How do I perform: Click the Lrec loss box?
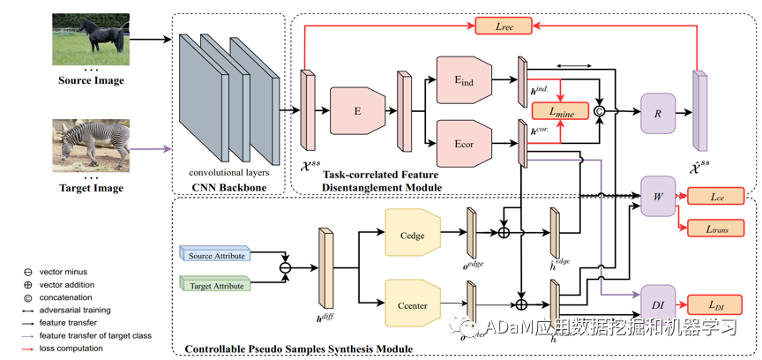(500, 26)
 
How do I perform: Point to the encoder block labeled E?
(358, 111)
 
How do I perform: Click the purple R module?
(657, 113)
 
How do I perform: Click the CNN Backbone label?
(228, 187)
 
